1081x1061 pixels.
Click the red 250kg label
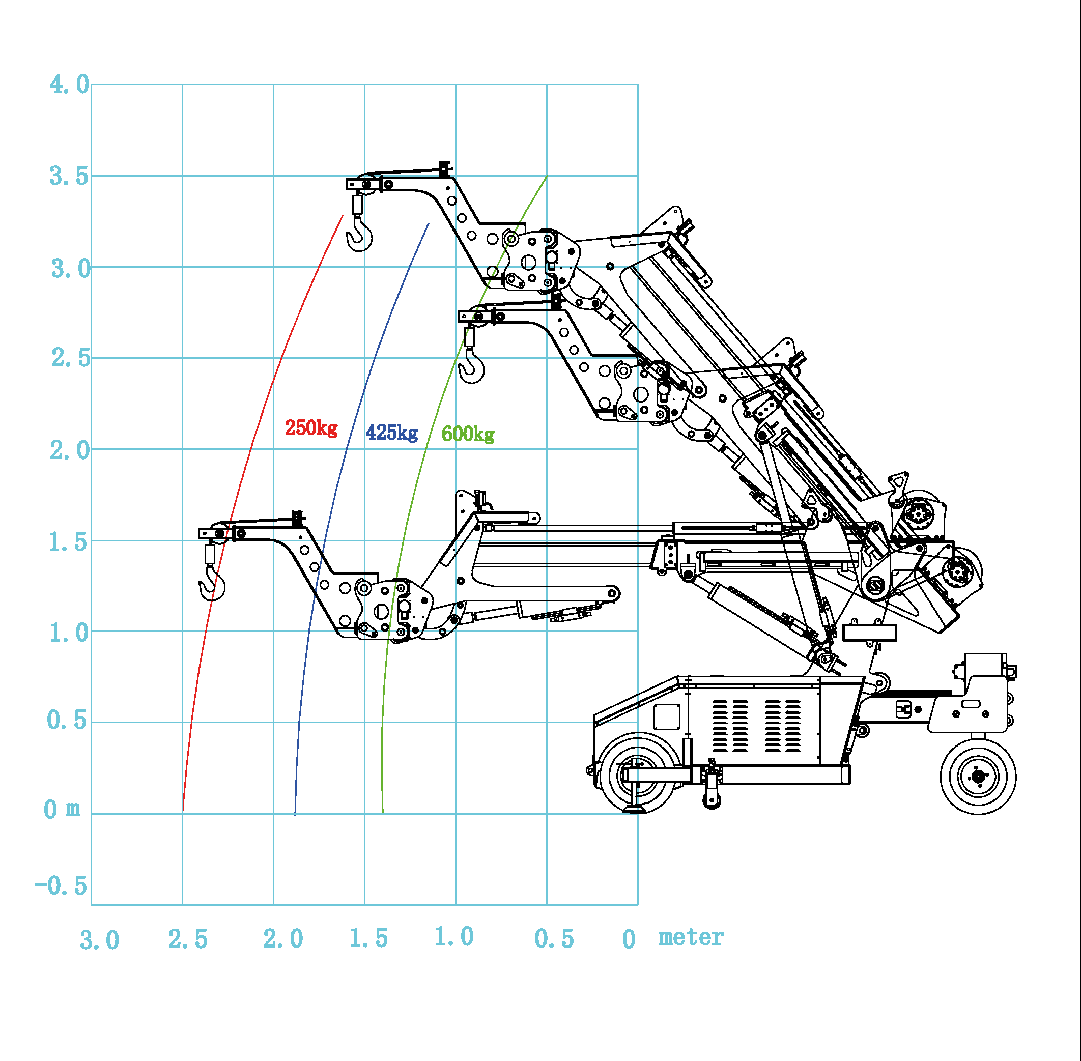coord(311,428)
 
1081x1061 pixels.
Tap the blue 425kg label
coord(392,433)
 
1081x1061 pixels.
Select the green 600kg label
coord(468,434)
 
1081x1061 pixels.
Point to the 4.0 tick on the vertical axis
coord(69,85)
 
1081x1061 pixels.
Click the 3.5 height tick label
coord(69,177)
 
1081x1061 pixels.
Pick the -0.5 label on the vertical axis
coord(61,886)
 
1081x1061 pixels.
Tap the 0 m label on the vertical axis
coord(61,809)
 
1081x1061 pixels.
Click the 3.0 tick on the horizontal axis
coord(99,940)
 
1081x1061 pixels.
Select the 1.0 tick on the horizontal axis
coord(454,937)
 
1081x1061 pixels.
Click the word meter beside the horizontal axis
coord(691,937)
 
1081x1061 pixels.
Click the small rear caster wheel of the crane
coord(978,776)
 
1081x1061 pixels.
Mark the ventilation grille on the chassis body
coord(756,726)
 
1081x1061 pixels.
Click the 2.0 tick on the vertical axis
coord(69,450)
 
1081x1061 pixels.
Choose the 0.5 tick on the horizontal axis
coord(554,939)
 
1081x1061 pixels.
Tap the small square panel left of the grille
coord(667,716)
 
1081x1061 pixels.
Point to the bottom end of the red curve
coord(183,809)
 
